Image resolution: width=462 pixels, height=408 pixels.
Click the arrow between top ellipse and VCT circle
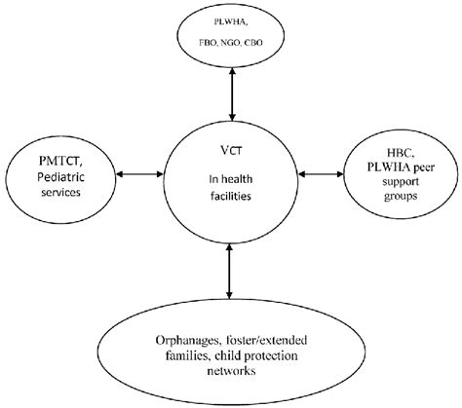point(230,93)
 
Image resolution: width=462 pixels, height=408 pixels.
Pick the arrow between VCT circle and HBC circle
point(318,175)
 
